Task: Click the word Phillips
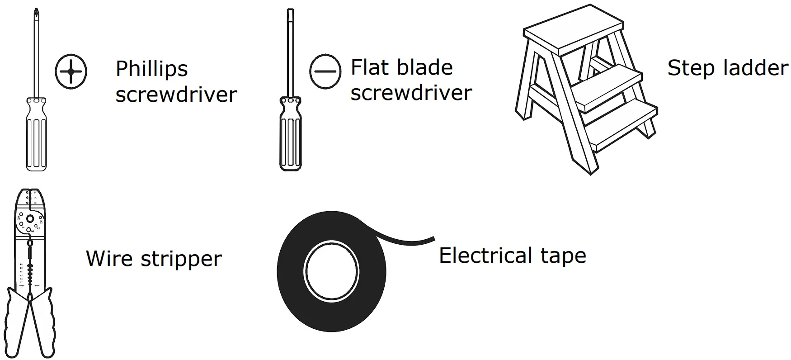click(x=151, y=69)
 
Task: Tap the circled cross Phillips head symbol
click(x=71, y=71)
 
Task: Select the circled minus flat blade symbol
click(x=325, y=71)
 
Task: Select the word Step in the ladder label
click(x=690, y=68)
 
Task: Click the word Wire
click(x=108, y=259)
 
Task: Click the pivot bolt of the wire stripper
click(x=30, y=219)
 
